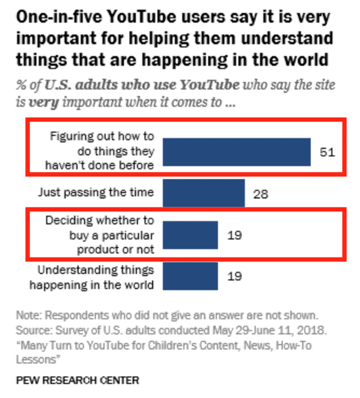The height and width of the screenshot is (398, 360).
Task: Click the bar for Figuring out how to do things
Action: pyautogui.click(x=237, y=152)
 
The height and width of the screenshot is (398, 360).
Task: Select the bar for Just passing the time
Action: pyautogui.click(x=204, y=193)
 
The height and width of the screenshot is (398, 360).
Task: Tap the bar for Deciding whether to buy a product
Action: pyautogui.click(x=190, y=235)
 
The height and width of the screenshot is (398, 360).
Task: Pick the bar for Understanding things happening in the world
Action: pyautogui.click(x=190, y=276)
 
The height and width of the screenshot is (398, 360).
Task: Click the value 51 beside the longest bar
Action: pyautogui.click(x=327, y=152)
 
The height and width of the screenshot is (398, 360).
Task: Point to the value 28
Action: pyautogui.click(x=261, y=194)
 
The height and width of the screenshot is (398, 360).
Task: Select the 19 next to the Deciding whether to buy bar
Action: pyautogui.click(x=234, y=235)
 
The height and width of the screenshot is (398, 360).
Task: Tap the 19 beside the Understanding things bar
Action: pyautogui.click(x=234, y=276)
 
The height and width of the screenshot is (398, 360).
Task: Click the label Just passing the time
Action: pyautogui.click(x=96, y=192)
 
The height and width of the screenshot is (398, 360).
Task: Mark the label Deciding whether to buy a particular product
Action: pyautogui.click(x=100, y=235)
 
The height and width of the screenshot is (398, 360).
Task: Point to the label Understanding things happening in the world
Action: pyautogui.click(x=91, y=277)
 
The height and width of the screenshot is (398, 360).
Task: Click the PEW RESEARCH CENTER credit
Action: pyautogui.click(x=78, y=380)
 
